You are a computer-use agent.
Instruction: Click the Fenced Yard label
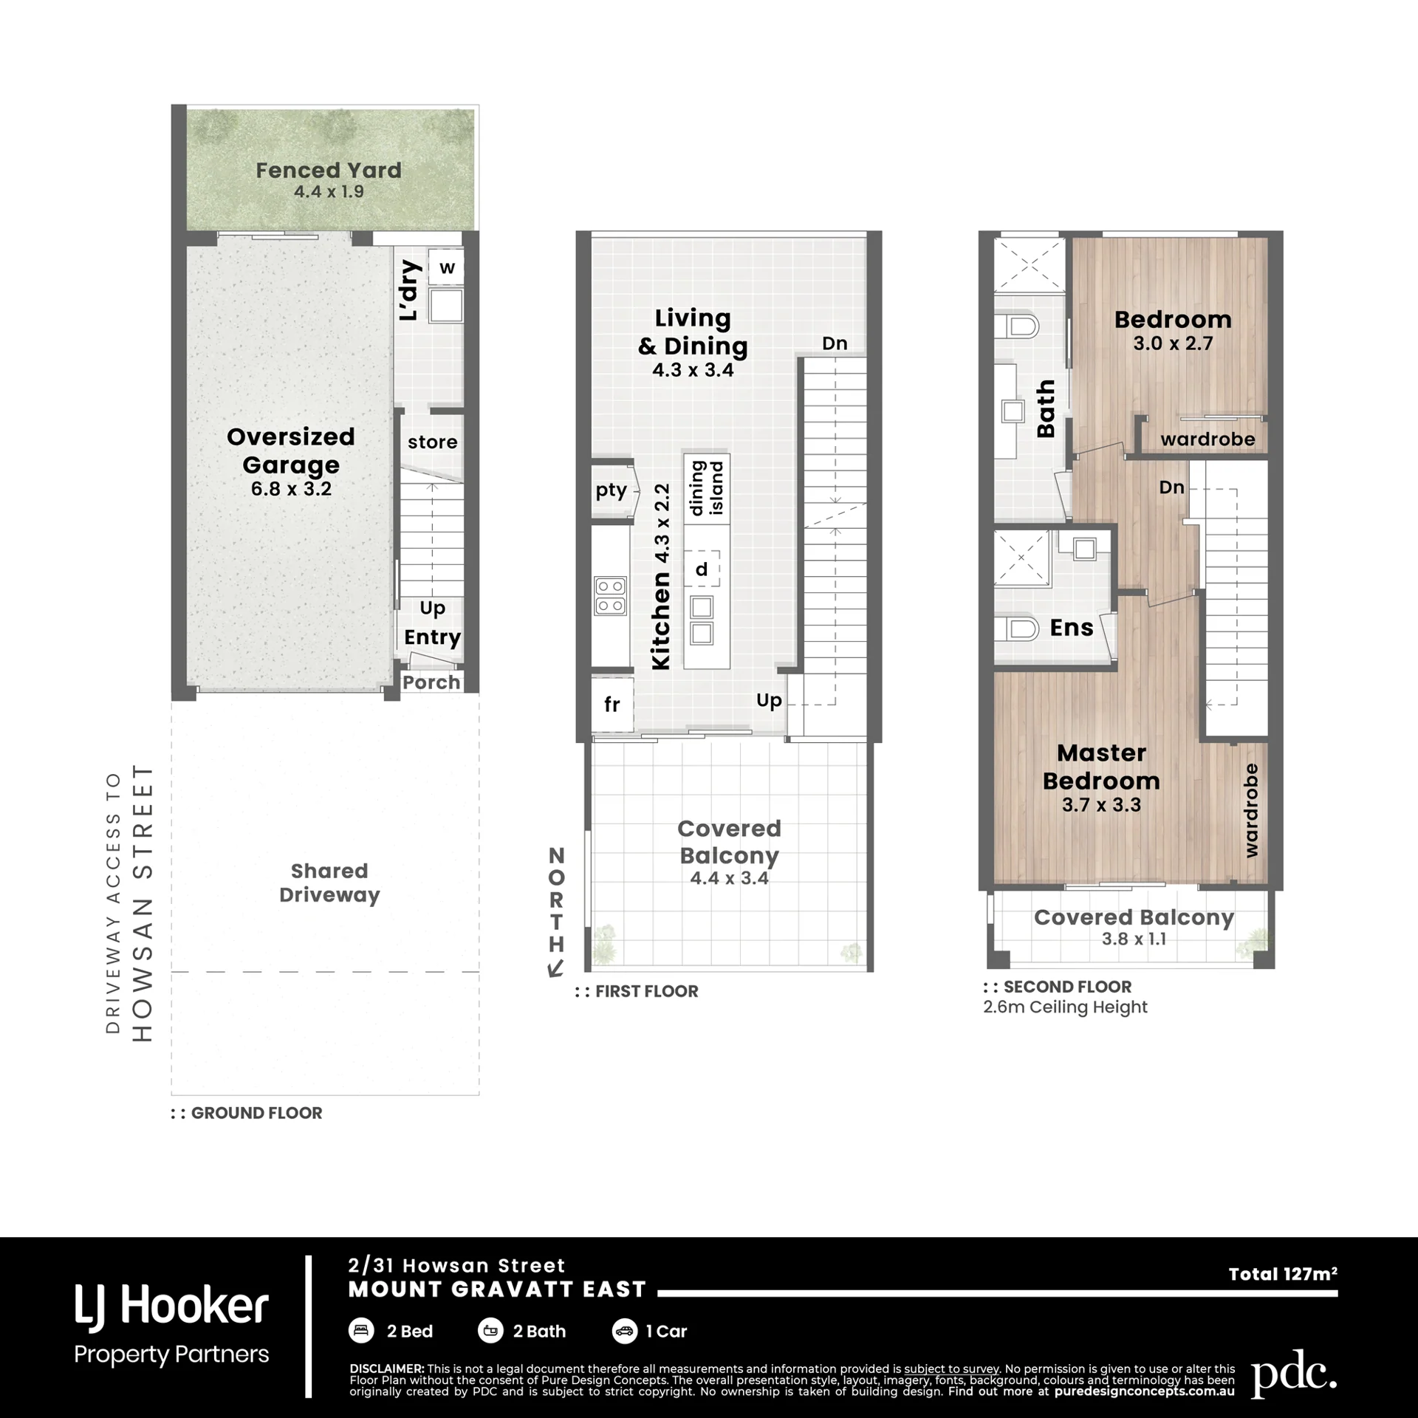point(329,171)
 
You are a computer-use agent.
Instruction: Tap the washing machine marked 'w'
point(447,267)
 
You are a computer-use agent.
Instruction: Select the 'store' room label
point(433,442)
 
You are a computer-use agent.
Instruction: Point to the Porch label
point(431,682)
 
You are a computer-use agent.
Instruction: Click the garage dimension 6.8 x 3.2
point(291,489)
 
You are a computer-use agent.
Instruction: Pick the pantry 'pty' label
point(612,491)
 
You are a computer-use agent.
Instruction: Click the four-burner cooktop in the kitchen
point(611,596)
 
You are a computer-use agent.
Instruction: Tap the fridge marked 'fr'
point(612,705)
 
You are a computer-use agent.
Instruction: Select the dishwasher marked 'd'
point(702,569)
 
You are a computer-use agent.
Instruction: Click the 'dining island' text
point(707,487)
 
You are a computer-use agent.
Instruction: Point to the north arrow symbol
point(555,968)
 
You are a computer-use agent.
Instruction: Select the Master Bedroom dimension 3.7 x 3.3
point(1101,805)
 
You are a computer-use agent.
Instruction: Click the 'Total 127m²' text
point(1283,1274)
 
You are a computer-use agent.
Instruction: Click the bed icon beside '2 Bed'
point(360,1331)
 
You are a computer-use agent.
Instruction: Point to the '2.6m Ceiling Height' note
point(1065,1007)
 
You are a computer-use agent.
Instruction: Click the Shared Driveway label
point(329,883)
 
